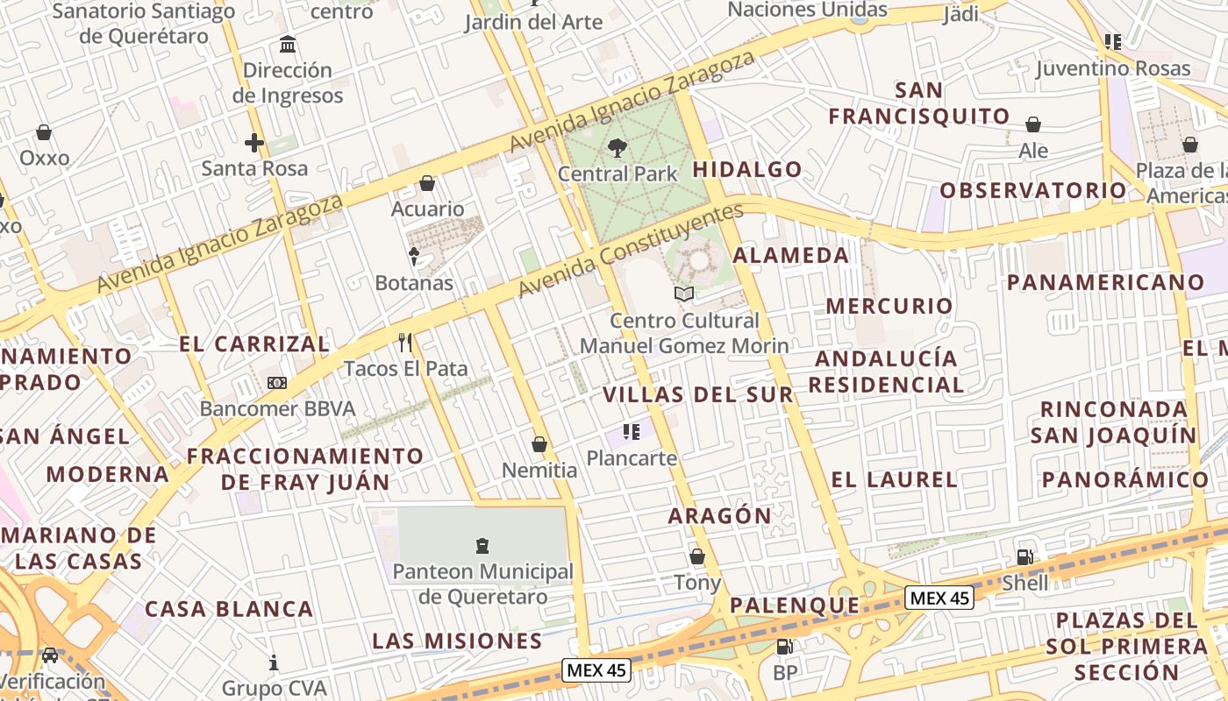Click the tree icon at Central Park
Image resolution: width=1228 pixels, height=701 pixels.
tap(618, 147)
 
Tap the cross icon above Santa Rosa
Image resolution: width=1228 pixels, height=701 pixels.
tap(254, 142)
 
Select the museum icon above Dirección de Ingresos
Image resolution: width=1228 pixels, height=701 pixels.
tap(288, 44)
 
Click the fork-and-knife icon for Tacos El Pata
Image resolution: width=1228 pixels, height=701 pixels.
tap(405, 342)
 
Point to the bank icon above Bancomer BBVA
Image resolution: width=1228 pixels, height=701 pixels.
tap(277, 382)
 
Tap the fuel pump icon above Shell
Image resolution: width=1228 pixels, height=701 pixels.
tap(1025, 556)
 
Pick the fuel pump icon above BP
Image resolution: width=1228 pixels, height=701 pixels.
tap(785, 647)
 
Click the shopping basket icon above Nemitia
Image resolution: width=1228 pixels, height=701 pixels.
tap(539, 444)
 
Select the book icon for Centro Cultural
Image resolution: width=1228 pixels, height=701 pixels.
tap(684, 294)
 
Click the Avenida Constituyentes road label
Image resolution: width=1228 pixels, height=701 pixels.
tap(630, 251)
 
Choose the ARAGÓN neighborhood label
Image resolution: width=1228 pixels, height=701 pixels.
tap(719, 516)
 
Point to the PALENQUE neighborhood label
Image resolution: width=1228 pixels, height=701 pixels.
tap(795, 605)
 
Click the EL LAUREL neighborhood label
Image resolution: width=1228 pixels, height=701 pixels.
tap(894, 479)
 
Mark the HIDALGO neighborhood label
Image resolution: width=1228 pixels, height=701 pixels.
tap(747, 169)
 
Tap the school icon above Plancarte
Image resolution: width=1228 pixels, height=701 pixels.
tap(632, 431)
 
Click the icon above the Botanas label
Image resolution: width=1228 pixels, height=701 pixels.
tap(414, 256)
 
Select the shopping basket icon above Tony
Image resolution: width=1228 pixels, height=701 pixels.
tap(697, 556)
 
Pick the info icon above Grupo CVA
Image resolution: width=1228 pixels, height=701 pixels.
tap(274, 662)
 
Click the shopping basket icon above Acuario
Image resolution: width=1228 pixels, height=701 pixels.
tap(427, 182)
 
